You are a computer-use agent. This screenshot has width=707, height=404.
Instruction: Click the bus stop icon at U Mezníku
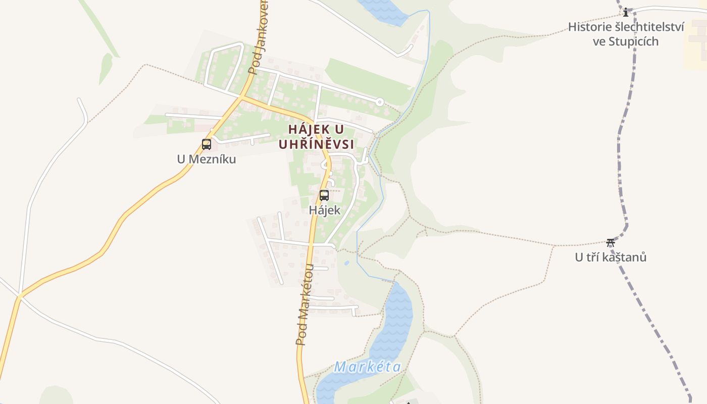[207, 144]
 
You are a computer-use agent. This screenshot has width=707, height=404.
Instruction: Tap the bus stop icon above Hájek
[324, 195]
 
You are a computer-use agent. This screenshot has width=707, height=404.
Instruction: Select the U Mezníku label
[207, 159]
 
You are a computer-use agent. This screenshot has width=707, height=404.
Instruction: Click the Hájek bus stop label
[325, 210]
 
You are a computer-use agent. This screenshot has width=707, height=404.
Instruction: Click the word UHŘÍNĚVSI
[316, 144]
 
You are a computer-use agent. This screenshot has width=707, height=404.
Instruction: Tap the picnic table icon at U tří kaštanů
[611, 242]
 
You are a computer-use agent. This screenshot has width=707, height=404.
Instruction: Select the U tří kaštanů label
[611, 257]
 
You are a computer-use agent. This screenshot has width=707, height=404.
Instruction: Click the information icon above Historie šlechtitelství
[626, 12]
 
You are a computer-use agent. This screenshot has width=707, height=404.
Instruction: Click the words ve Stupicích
[626, 41]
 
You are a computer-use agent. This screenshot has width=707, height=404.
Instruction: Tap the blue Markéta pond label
[368, 367]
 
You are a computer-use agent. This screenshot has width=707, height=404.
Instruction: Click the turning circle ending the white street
[380, 102]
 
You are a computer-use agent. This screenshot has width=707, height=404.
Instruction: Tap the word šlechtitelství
[649, 27]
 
